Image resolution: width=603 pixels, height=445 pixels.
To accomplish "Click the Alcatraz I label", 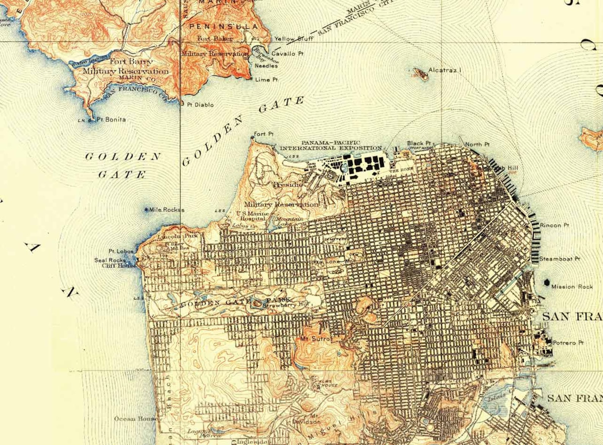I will coord(445,70).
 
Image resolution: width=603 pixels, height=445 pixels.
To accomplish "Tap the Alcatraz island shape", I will coord(420,74).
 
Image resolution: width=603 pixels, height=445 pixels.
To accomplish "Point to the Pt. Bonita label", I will coord(111,120).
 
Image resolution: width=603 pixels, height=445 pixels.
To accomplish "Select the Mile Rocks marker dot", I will coord(147,209).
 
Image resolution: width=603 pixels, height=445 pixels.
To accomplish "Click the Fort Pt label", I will coord(264,134).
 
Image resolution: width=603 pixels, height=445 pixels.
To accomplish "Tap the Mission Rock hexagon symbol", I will coord(547,282).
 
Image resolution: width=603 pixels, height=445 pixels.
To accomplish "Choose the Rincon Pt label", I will coord(554,225).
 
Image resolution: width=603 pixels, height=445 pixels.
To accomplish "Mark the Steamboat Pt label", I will coord(559,259).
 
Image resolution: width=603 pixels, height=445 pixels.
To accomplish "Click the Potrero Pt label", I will coord(568,342).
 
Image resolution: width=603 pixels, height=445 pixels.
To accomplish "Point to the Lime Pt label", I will coord(266,80).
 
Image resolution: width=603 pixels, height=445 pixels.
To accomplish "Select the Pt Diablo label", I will coord(200,105).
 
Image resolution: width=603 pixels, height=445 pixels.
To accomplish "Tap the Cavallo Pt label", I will coord(287,54).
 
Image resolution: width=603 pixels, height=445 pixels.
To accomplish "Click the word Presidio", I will coord(288,185).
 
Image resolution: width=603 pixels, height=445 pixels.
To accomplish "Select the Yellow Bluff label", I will coord(294,39).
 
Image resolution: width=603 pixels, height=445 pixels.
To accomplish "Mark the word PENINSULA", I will coord(224,26).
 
